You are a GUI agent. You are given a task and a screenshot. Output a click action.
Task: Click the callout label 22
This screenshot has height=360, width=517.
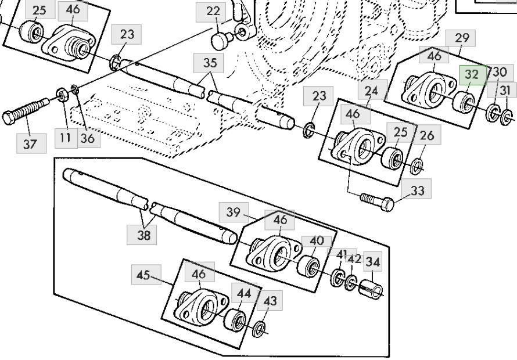[x=213, y=12]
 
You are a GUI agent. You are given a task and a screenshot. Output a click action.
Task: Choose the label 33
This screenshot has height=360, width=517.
[x=417, y=190]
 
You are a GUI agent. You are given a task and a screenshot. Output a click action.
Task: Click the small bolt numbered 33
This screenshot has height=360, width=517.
[x=376, y=201]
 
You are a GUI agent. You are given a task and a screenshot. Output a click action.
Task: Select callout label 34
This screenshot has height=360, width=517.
[x=373, y=262]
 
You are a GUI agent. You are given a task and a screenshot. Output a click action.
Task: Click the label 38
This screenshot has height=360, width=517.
[x=143, y=234]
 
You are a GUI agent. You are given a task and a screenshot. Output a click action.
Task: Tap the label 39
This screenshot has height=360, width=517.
[x=233, y=213]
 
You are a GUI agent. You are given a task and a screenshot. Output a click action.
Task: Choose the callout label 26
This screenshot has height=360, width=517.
[x=427, y=136]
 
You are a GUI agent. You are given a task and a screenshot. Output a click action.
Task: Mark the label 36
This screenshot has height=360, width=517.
[x=87, y=139]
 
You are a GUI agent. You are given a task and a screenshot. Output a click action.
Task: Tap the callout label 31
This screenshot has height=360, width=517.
[x=505, y=90]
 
